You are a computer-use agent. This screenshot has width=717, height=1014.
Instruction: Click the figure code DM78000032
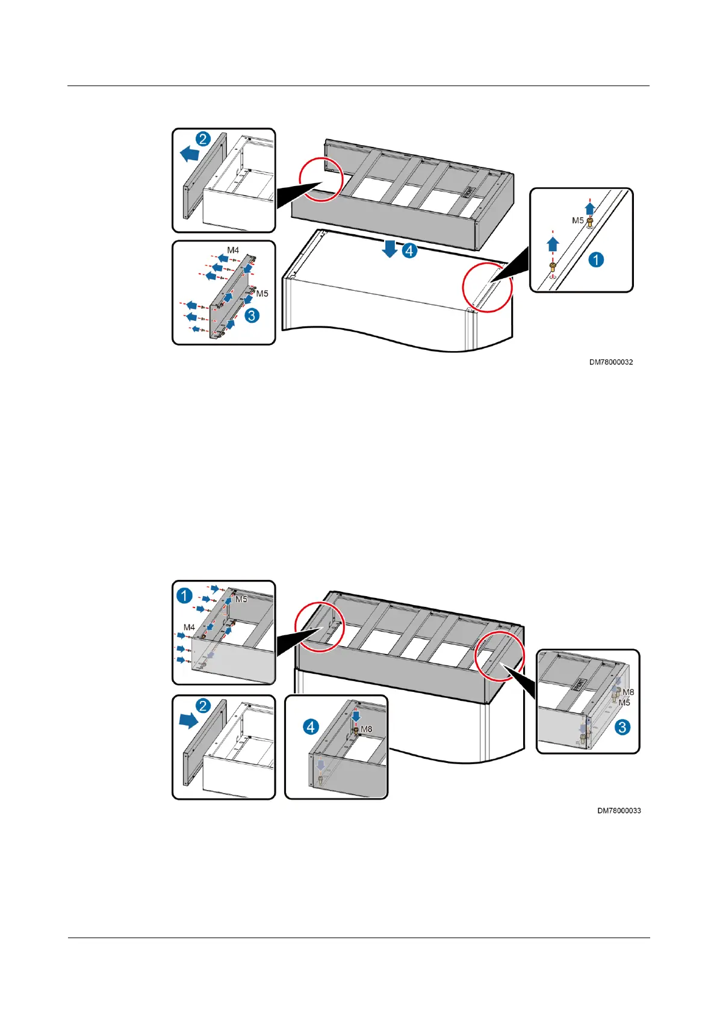click(610, 362)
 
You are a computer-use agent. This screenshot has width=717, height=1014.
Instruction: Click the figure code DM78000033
click(619, 811)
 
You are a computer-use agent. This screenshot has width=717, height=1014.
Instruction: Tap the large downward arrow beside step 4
click(390, 248)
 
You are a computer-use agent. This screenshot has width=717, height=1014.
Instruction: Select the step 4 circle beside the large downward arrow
click(410, 250)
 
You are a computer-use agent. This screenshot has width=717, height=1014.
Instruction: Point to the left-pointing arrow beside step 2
click(190, 154)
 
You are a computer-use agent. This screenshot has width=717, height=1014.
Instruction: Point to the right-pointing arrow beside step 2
click(189, 721)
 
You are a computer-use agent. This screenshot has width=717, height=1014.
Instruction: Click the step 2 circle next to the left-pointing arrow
click(203, 139)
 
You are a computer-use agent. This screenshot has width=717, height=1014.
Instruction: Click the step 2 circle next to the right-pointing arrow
click(203, 706)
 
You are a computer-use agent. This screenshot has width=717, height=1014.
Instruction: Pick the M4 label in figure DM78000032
click(233, 250)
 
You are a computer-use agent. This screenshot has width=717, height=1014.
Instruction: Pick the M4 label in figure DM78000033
click(189, 627)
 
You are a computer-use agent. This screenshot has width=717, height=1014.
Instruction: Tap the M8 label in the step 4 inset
click(366, 729)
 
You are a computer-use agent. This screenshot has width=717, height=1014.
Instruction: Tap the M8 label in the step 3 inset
click(628, 692)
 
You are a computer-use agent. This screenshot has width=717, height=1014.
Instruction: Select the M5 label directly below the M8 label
click(624, 703)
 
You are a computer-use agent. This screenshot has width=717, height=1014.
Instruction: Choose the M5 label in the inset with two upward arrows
click(577, 220)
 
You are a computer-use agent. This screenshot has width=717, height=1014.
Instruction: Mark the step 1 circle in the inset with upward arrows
click(596, 260)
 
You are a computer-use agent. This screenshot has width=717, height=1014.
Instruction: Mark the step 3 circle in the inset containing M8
click(622, 727)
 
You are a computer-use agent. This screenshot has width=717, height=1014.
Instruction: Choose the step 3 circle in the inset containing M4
click(252, 315)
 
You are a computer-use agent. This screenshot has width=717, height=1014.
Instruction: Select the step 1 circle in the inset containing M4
click(184, 596)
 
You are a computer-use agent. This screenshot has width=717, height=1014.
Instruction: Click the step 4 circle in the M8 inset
click(311, 727)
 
